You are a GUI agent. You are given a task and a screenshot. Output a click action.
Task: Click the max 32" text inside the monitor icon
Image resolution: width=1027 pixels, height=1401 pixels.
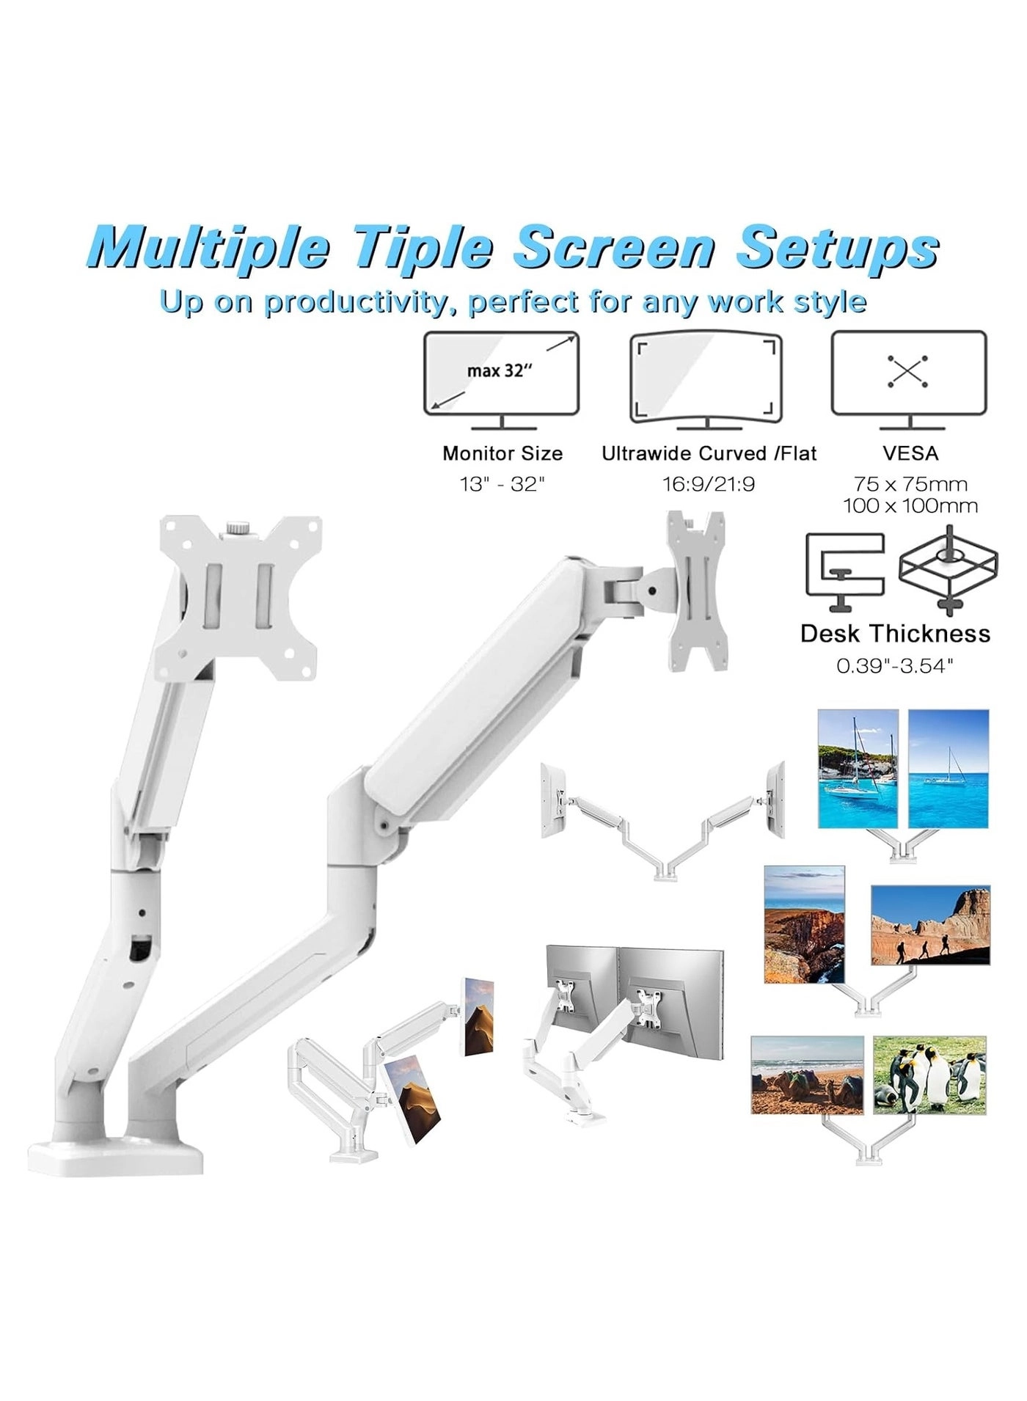[499, 370]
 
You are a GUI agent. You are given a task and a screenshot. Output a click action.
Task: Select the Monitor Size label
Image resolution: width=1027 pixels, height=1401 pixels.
[502, 453]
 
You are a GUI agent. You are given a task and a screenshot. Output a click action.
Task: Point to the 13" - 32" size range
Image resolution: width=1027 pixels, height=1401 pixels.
[502, 484]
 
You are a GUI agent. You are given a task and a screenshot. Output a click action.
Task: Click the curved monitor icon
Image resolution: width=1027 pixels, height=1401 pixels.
[706, 379]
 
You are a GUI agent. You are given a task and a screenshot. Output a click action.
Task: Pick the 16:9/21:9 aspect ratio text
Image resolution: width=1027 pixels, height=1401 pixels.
[709, 484]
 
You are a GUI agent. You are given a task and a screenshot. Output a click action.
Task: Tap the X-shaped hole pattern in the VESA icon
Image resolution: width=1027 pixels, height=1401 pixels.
[907, 371]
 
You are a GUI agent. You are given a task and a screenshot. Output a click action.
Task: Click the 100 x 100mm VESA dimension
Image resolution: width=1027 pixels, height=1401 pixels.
[910, 505]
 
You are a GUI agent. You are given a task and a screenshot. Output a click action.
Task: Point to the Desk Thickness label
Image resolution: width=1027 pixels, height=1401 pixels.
[895, 633]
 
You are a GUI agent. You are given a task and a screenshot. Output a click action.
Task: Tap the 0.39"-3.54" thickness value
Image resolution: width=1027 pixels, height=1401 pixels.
[895, 665]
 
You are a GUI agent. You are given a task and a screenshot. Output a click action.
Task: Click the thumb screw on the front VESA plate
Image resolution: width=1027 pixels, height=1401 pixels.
[237, 527]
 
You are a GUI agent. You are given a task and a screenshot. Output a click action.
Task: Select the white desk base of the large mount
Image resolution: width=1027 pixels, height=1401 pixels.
[115, 1156]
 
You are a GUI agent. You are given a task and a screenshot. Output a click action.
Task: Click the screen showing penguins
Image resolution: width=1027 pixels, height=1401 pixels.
[929, 1075]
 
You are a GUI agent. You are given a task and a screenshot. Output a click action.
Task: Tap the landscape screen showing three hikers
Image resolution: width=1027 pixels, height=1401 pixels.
[930, 925]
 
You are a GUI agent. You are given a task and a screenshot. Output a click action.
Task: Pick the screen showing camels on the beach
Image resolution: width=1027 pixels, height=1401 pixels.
[807, 1075]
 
